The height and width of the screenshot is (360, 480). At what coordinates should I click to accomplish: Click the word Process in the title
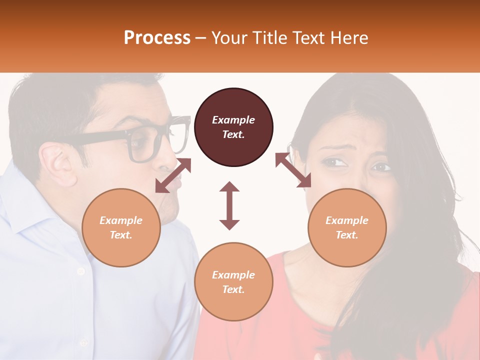point(157,38)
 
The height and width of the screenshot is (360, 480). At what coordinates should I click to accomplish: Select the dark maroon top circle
point(233,127)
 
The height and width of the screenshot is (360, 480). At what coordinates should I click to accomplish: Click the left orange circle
point(121,227)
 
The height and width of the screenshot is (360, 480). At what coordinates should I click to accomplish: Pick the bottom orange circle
point(233,282)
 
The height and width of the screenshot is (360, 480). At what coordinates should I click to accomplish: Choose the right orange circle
point(347,227)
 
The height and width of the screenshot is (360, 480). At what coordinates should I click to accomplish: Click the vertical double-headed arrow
point(229,205)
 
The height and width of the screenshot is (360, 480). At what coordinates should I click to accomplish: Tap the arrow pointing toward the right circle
point(293,170)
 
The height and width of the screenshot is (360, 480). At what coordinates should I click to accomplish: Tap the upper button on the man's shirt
point(80,271)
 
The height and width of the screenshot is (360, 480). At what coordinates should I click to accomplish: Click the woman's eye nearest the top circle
point(334,162)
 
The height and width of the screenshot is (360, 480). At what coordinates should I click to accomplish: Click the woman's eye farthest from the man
point(381,167)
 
